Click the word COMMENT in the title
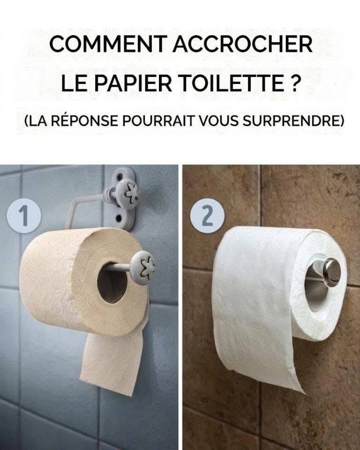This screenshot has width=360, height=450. [108, 44]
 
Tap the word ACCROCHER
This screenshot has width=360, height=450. [242, 44]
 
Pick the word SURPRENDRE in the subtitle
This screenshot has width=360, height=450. [293, 121]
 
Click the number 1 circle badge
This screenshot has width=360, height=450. [24, 216]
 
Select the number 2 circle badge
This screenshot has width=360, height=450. [207, 216]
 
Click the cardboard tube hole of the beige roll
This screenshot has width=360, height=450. [112, 282]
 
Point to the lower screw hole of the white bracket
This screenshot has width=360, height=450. [118, 219]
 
